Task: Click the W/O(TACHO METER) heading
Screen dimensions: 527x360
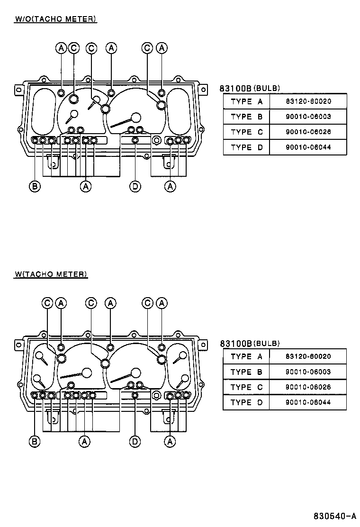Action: [56, 19]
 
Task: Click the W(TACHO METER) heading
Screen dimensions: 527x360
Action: [51, 274]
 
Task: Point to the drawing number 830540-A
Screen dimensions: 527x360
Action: [334, 516]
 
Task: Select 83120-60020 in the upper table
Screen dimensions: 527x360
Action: [308, 101]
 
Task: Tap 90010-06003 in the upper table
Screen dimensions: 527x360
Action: [308, 117]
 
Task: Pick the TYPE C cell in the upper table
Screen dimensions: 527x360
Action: [246, 132]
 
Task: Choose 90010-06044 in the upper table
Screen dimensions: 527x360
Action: [308, 147]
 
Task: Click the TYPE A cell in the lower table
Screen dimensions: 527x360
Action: [246, 356]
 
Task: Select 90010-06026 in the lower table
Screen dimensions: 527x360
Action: [308, 387]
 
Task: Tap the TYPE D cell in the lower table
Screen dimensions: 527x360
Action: [246, 402]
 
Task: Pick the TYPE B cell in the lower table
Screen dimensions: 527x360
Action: [246, 372]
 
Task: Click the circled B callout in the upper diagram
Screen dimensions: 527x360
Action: [34, 187]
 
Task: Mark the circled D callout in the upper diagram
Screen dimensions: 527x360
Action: [135, 187]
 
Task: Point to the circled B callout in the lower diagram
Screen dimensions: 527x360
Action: [34, 442]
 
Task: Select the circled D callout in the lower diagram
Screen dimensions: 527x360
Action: [135, 442]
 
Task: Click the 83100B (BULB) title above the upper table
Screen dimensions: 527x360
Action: [250, 88]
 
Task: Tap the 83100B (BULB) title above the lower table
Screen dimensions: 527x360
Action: [250, 343]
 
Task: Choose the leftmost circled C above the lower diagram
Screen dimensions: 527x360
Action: [48, 303]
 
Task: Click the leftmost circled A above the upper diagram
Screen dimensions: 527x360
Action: [61, 48]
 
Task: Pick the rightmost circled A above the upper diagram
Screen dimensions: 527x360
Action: [162, 48]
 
